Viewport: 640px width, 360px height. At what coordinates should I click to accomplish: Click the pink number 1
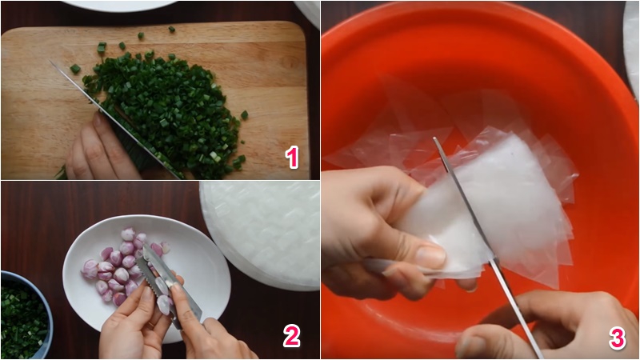292,157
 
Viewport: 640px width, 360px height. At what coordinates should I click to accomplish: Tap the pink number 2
291,335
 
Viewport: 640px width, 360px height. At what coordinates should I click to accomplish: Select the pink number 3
617,338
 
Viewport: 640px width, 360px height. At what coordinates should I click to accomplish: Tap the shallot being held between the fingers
164,304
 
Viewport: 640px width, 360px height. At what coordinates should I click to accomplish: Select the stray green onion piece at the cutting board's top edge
172,29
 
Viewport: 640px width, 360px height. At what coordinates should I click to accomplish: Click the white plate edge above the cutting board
119,6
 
